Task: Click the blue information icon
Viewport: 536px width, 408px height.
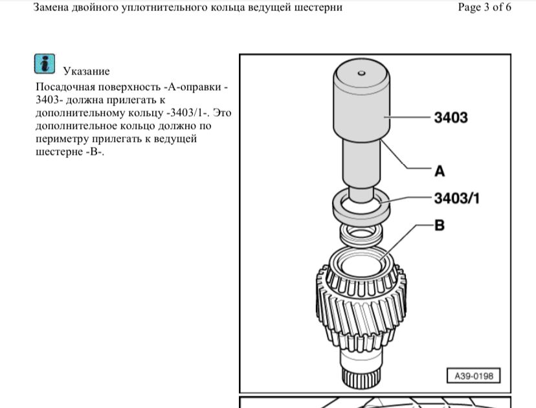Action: (x=45, y=63)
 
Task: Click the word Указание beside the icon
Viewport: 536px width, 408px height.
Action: (x=87, y=71)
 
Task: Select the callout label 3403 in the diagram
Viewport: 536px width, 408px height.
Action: (x=451, y=117)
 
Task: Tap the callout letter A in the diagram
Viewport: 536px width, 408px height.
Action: (x=440, y=171)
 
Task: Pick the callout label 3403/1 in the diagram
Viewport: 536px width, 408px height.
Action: (x=456, y=198)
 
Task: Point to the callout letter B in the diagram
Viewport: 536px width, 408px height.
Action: (x=440, y=225)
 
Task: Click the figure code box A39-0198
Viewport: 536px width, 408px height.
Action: (x=473, y=376)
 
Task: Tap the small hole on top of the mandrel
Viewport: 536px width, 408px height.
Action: (x=362, y=73)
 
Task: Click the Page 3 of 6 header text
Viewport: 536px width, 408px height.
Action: (x=484, y=7)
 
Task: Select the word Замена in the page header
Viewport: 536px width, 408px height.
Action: (x=50, y=7)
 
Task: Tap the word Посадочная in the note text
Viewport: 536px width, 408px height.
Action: (x=65, y=87)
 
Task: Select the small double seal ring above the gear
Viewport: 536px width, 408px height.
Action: (x=361, y=236)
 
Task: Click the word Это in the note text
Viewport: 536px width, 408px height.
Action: (x=222, y=113)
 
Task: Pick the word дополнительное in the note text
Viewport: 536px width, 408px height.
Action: (x=74, y=126)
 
